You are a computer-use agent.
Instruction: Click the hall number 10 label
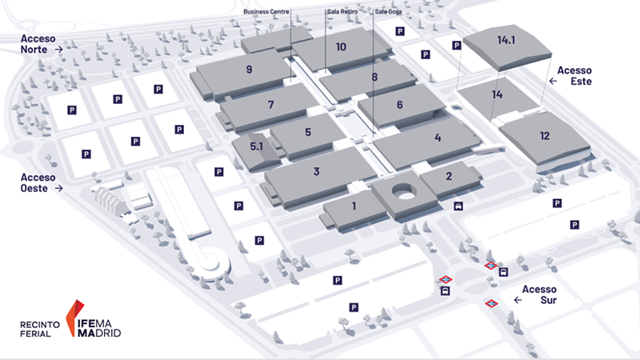click(x=342, y=47)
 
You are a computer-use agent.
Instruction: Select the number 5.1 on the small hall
click(x=256, y=146)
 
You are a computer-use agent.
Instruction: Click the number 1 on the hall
click(x=354, y=206)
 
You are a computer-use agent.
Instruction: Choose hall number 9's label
click(x=249, y=70)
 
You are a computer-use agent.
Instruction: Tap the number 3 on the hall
click(x=316, y=171)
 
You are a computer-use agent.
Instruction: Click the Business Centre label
click(x=266, y=11)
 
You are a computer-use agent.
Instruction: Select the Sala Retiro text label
click(x=342, y=11)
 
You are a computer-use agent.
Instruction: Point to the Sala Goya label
click(x=388, y=11)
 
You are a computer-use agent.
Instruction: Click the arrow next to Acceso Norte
click(x=58, y=50)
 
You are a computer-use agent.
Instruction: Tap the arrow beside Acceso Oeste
click(x=58, y=188)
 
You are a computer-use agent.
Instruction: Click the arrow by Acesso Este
click(x=553, y=82)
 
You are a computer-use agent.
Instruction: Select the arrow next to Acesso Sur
click(x=518, y=300)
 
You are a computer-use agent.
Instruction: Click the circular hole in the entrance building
click(x=405, y=191)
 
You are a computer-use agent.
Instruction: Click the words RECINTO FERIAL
click(x=39, y=329)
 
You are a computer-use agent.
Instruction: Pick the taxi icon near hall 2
click(x=458, y=206)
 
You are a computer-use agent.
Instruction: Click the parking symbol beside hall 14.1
click(x=457, y=46)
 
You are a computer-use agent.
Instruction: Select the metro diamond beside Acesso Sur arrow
click(x=491, y=303)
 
